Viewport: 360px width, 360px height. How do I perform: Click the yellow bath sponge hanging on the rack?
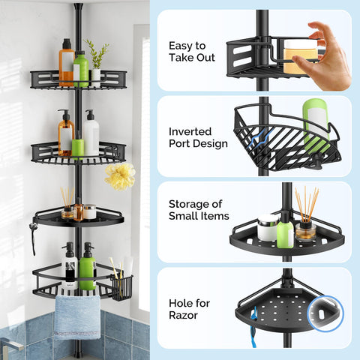tap(120, 176)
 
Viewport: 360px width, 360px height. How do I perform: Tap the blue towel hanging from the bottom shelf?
tap(77, 317)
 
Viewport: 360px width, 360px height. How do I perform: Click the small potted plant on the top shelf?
tap(97, 64)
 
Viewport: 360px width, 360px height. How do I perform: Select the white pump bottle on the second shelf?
tap(91, 133)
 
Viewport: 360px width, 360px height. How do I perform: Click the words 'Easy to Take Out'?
tap(192, 52)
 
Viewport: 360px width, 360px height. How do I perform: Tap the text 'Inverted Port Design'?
tap(198, 137)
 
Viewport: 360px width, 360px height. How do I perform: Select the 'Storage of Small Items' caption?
tap(199, 210)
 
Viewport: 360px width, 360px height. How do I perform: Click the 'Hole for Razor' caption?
tap(189, 309)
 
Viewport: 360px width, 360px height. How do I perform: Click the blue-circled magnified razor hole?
tap(325, 313)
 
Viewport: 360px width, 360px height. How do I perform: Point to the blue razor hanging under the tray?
tap(253, 328)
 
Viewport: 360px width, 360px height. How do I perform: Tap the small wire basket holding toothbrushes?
tap(121, 288)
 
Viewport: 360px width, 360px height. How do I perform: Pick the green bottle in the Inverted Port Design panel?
tap(316, 126)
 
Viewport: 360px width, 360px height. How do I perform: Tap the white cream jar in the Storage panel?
tap(268, 228)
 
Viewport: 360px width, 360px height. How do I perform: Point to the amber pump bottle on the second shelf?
tap(66, 133)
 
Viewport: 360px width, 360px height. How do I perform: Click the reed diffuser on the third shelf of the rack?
tap(67, 203)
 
